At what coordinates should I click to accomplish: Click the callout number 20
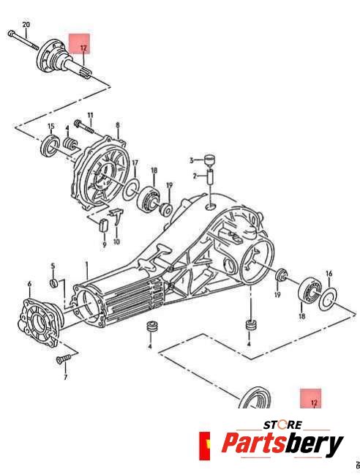(x=26, y=24)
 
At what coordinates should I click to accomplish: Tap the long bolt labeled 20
(x=23, y=40)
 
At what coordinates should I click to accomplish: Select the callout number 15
(x=51, y=127)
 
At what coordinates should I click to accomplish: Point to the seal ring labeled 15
(x=50, y=146)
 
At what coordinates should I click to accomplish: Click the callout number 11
(x=91, y=116)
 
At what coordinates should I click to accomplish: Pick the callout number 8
(x=118, y=125)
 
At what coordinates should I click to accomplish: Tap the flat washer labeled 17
(x=131, y=190)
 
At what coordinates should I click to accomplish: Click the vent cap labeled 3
(x=209, y=160)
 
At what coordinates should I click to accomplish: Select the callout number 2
(x=195, y=176)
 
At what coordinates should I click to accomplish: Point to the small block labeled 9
(x=104, y=225)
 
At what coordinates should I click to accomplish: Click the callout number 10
(x=116, y=242)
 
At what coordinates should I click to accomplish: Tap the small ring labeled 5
(x=54, y=283)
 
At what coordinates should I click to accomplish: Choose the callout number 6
(x=29, y=284)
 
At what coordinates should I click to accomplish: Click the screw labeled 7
(x=63, y=359)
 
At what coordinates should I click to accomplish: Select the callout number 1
(x=86, y=264)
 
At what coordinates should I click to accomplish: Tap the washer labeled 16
(x=328, y=299)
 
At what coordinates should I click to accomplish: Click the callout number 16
(x=329, y=274)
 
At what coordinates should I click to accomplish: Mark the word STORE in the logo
(x=282, y=424)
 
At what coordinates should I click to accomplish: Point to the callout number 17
(x=135, y=163)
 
